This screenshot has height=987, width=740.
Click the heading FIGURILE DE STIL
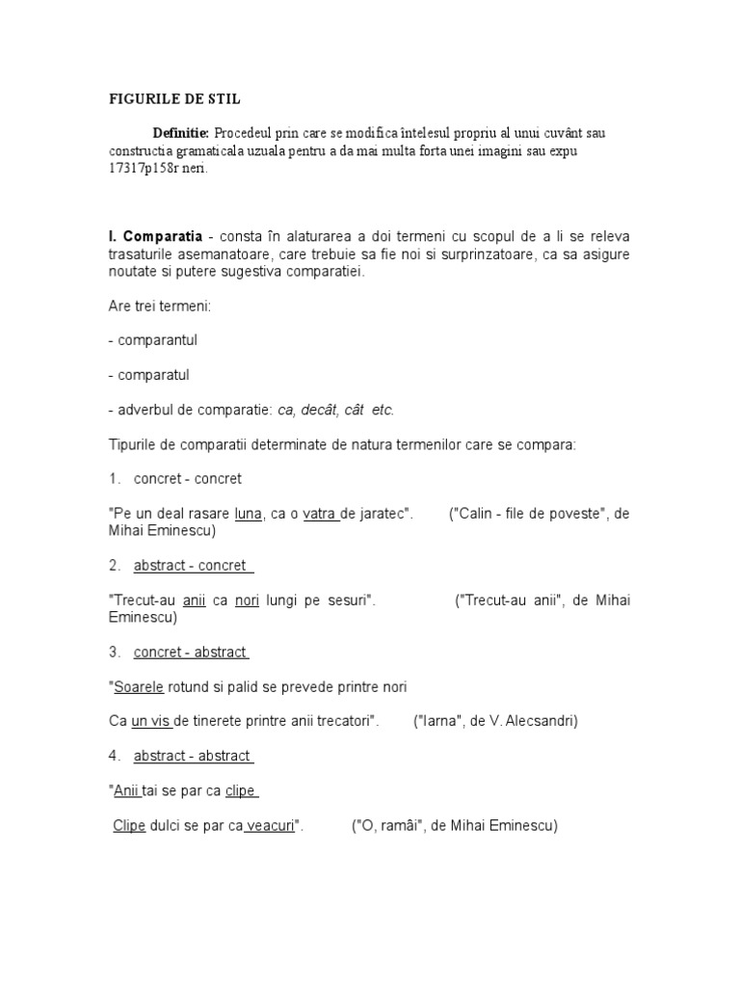coord(173,98)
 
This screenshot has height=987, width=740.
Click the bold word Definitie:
coord(180,132)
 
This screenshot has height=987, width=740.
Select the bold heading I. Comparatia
coord(154,237)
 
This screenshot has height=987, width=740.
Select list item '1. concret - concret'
coord(174,479)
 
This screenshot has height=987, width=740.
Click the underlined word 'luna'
coord(248,514)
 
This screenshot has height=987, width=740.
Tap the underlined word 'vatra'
coord(319,514)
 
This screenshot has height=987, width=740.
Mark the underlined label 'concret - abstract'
coord(190,653)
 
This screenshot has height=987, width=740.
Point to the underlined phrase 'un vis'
coord(150,721)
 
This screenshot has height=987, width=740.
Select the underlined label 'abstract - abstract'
coord(192,756)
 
